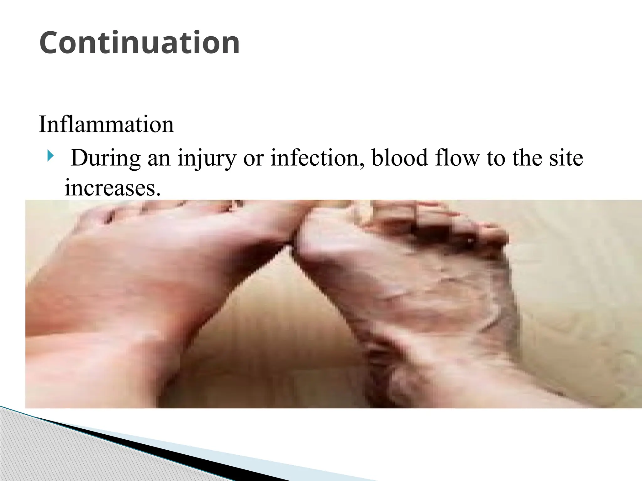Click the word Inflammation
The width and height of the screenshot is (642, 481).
(x=106, y=124)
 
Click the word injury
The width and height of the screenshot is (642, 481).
(x=206, y=158)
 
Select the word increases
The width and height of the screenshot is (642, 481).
(x=113, y=188)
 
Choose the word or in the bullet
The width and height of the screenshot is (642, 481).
(x=253, y=158)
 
